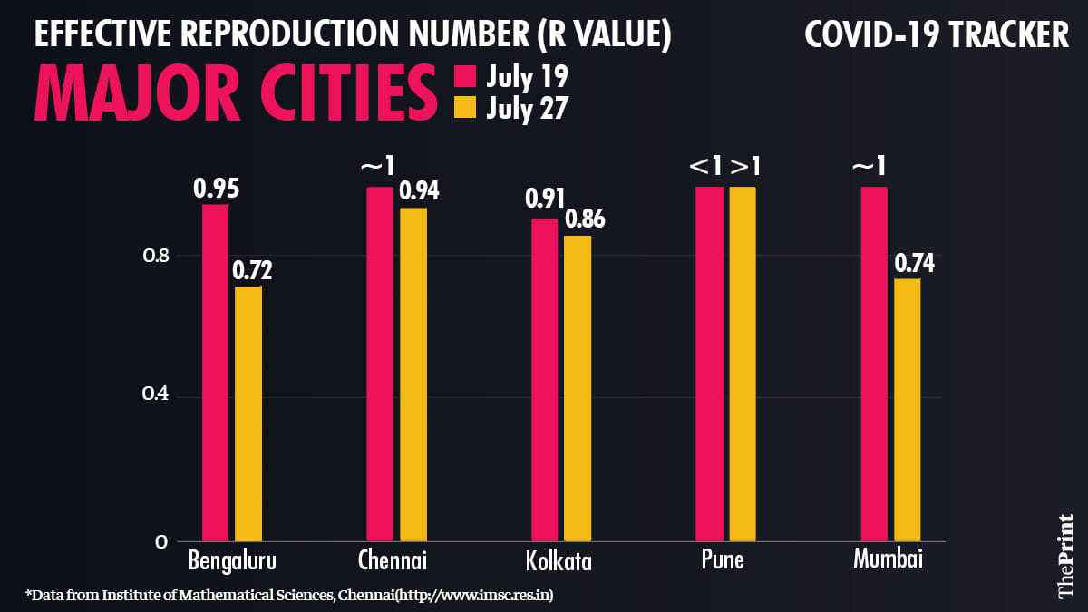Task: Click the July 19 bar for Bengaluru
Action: point(215,373)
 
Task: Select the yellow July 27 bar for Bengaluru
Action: point(248,413)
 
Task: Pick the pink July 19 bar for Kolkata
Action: point(544,380)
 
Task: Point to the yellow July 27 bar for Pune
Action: point(742,364)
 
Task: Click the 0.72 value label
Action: point(252,270)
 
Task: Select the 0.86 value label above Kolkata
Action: point(584,219)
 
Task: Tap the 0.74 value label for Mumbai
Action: point(914,263)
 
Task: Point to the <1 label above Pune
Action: point(706,168)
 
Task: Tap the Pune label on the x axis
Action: point(723,559)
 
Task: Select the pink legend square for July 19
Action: point(466,76)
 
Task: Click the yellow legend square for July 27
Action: point(466,108)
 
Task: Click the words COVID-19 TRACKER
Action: point(937,35)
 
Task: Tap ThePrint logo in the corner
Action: point(1065,556)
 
